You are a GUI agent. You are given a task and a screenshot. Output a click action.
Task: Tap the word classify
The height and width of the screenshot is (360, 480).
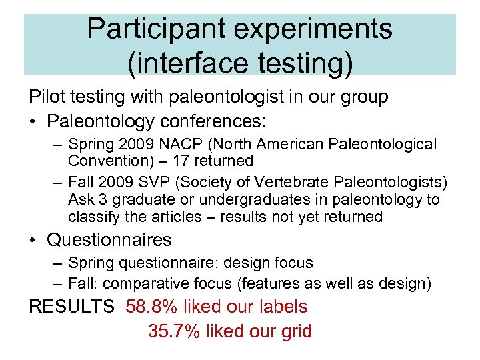pyautogui.click(x=93, y=217)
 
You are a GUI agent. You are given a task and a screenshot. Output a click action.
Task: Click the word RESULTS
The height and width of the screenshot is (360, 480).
pyautogui.click(x=71, y=307)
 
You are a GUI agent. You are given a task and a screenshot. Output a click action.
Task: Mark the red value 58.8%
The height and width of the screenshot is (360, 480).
pyautogui.click(x=155, y=307)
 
